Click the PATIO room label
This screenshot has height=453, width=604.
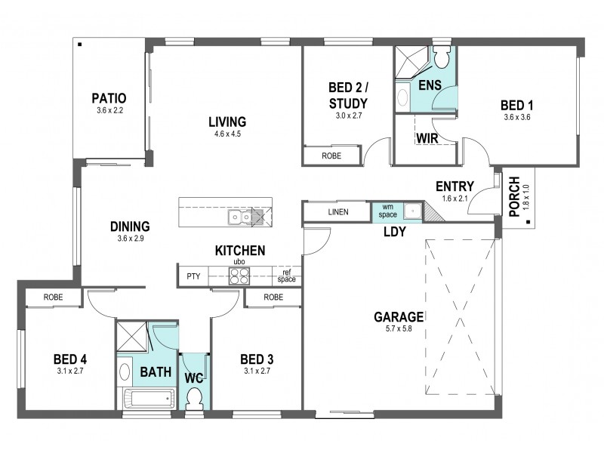click(x=108, y=98)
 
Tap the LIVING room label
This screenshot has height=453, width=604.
click(x=227, y=122)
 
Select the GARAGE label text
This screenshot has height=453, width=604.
click(x=398, y=316)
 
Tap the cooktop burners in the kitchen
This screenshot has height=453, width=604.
click(x=239, y=276)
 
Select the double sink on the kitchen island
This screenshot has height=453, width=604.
click(x=241, y=217)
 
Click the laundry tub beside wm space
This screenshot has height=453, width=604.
click(x=412, y=211)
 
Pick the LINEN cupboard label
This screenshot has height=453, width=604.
click(x=338, y=212)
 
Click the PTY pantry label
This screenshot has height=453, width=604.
click(x=193, y=277)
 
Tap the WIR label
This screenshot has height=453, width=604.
click(x=427, y=138)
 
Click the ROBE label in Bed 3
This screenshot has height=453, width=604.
click(x=273, y=297)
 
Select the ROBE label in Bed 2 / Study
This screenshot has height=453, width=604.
click(x=331, y=156)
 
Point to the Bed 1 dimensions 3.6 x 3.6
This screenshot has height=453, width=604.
click(x=519, y=117)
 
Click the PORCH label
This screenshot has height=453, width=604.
click(x=515, y=197)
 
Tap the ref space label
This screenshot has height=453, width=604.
click(x=286, y=276)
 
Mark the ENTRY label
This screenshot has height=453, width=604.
click(x=455, y=186)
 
